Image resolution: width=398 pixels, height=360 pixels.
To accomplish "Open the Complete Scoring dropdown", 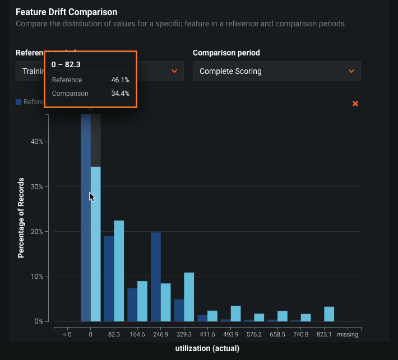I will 276,71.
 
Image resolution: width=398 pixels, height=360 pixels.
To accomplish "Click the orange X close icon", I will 355,104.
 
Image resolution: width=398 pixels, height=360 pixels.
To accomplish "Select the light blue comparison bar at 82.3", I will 119,271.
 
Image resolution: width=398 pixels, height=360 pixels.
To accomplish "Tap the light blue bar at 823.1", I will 329,314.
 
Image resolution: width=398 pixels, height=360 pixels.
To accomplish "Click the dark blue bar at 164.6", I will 132,305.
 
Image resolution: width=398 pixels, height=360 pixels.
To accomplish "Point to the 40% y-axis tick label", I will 36,142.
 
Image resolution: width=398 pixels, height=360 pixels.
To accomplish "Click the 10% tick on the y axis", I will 36,277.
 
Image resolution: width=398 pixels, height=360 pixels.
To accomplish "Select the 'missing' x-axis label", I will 348,334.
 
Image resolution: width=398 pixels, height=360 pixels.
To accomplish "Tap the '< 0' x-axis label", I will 67,334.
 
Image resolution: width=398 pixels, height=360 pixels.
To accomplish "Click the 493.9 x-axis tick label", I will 231,334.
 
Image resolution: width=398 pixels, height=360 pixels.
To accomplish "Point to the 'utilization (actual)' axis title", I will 207,348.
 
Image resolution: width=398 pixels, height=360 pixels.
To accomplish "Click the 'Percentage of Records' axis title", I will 21,218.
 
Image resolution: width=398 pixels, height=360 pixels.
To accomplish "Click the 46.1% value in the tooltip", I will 121,80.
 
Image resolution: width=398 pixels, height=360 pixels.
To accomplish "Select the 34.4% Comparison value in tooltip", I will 121,93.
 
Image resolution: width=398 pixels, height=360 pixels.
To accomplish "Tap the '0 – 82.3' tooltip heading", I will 66,64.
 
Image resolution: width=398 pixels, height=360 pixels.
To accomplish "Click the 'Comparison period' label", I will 226,53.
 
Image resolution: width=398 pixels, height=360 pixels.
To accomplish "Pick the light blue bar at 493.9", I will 235,314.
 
